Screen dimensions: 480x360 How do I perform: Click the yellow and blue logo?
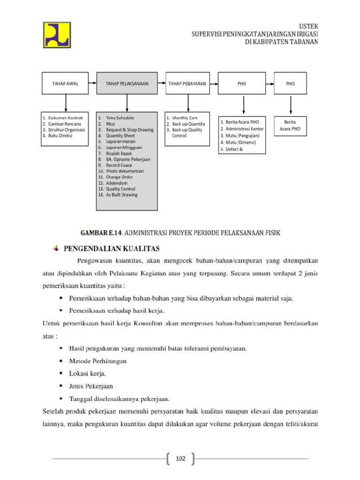(57, 35)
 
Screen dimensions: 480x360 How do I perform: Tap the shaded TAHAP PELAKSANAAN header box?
(127, 84)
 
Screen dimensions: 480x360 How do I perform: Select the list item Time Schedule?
(120, 118)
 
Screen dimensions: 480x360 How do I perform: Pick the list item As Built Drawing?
(122, 195)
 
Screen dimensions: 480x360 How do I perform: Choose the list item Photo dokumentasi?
(125, 171)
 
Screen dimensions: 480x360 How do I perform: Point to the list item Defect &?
(234, 149)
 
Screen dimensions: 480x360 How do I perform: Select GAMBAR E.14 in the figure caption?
(101, 232)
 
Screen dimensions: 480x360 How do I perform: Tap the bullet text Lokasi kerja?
(88, 374)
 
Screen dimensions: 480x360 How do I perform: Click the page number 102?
(180, 458)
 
